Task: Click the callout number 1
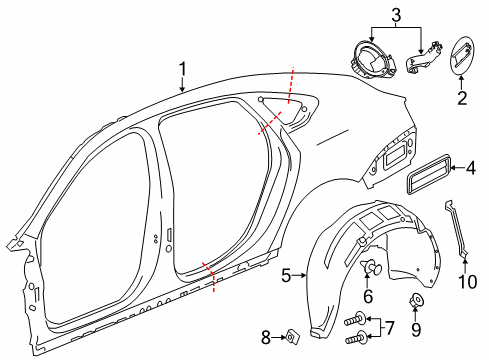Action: click(182, 69)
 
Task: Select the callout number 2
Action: click(461, 98)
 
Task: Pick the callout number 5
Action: click(285, 273)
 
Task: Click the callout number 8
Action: click(265, 336)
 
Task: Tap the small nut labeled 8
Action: click(291, 336)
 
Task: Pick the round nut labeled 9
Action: click(416, 299)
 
